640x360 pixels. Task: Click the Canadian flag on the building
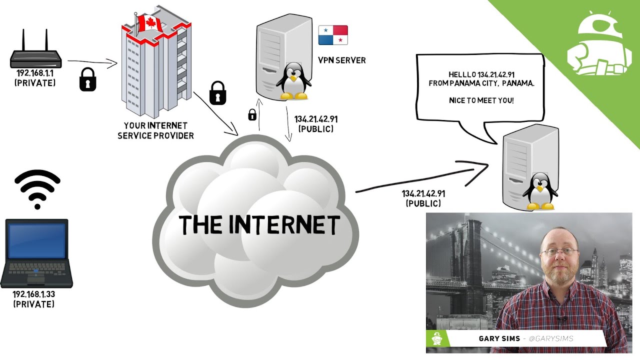tap(150, 23)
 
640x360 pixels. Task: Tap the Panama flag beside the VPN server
tap(333, 35)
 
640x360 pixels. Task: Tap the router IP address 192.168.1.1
tap(35, 73)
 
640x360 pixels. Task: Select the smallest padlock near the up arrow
tap(252, 115)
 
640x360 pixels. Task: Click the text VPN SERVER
tap(342, 60)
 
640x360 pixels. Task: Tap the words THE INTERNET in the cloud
tap(259, 225)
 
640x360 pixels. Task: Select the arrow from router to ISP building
tap(92, 62)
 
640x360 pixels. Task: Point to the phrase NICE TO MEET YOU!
tap(481, 100)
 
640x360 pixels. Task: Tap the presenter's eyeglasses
tap(559, 251)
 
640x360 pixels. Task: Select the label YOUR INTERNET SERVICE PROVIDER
tap(155, 130)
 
